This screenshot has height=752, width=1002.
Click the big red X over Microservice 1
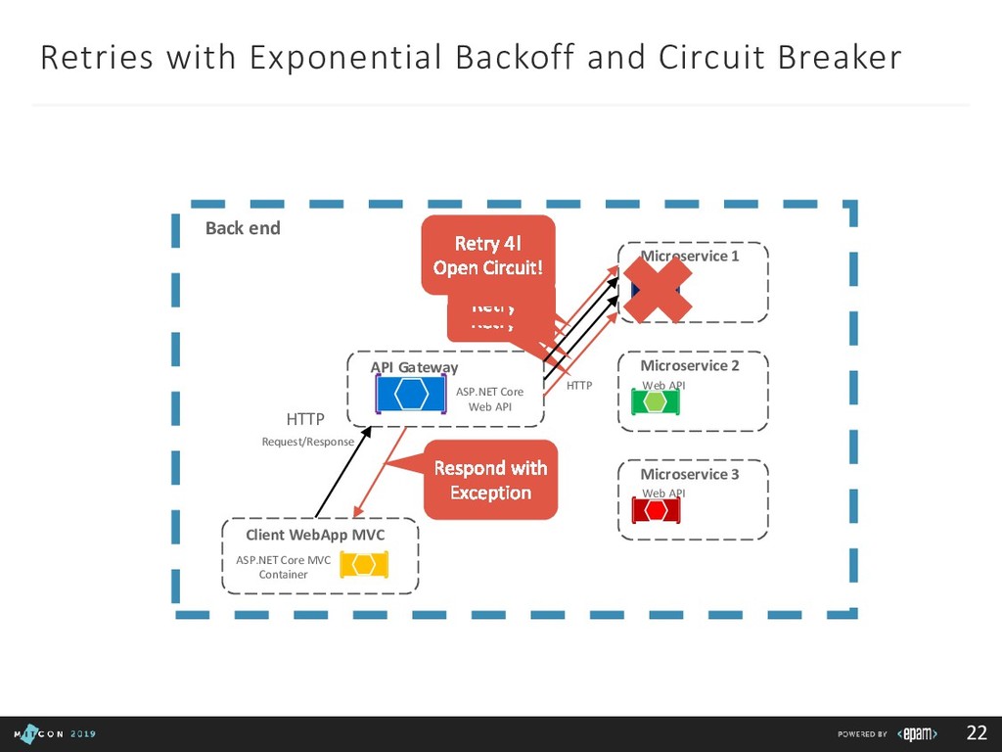tap(659, 290)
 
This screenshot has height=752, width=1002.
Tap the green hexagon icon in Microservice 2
tap(656, 401)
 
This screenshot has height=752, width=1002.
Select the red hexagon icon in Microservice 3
tap(656, 510)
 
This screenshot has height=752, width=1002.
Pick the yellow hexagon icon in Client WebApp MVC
tap(364, 565)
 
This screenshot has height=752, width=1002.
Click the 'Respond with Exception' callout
tap(490, 480)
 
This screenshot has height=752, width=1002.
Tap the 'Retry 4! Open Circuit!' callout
tap(487, 255)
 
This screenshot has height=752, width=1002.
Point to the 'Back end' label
tap(243, 228)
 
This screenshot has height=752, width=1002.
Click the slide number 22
tap(977, 733)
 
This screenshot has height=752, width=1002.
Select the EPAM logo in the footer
tap(917, 733)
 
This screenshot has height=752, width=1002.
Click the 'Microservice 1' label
tap(689, 256)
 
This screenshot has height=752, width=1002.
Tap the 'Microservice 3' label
tap(689, 474)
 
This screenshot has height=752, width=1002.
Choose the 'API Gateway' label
tap(414, 367)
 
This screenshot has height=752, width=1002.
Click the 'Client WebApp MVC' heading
tap(315, 535)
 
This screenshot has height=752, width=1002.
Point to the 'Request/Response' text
tap(307, 442)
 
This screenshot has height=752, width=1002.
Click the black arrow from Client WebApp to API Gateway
tap(342, 474)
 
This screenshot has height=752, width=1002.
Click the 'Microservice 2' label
tap(689, 365)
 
